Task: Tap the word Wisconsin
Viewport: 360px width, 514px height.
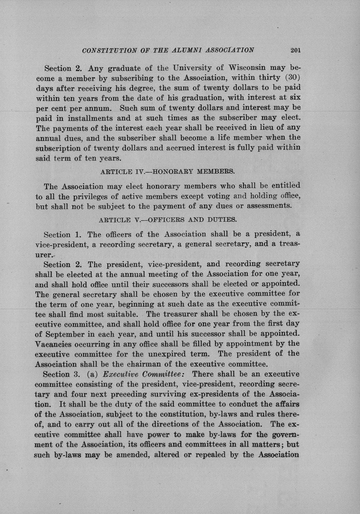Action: [x=247, y=68]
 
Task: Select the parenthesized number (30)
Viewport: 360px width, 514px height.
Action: [x=293, y=78]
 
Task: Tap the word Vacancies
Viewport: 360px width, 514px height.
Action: [x=53, y=343]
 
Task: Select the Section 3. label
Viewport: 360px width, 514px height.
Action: [x=61, y=374]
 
